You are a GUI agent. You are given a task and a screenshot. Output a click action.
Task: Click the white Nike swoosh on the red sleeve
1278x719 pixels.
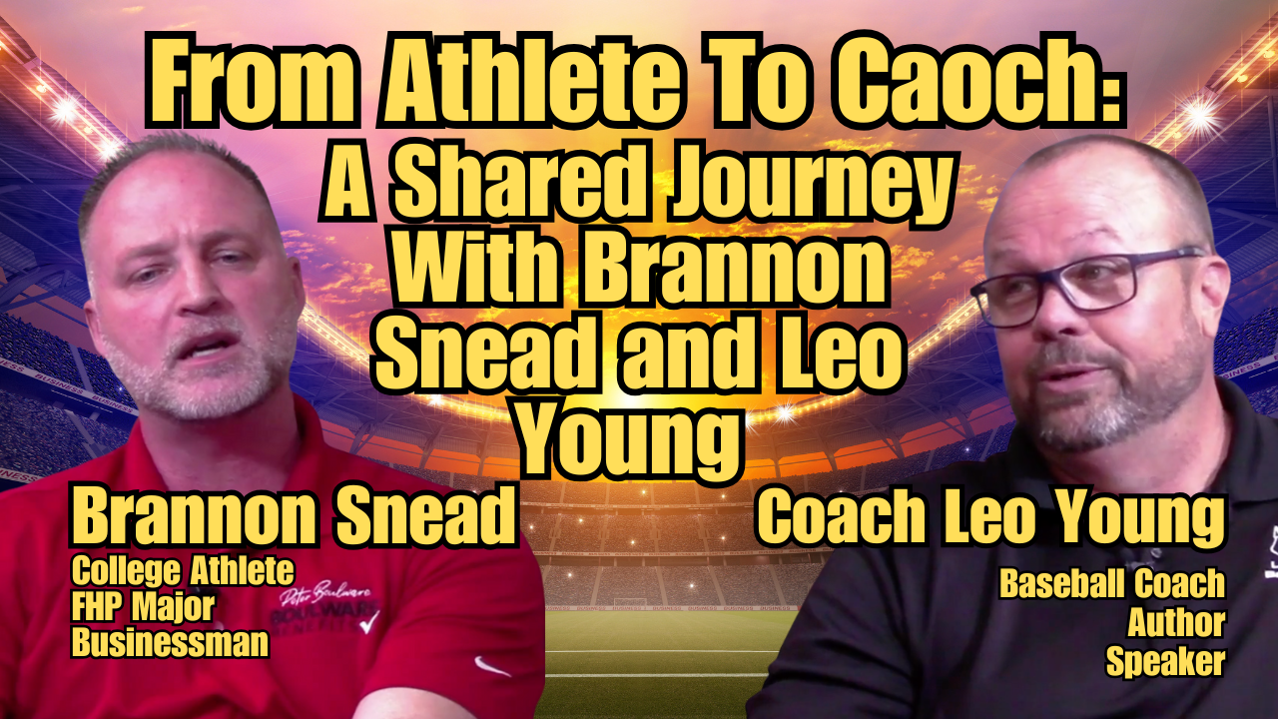492,666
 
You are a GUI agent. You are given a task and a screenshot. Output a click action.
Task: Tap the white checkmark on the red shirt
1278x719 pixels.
369,622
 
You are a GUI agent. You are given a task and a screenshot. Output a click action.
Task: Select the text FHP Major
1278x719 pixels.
143,608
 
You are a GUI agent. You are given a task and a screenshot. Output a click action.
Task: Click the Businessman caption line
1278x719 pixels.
170,642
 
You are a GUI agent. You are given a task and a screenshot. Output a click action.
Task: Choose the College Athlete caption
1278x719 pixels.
183,572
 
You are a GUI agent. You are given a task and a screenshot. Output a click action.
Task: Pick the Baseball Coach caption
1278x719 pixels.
1112,584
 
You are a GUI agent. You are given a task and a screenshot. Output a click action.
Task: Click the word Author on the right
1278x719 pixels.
1176,622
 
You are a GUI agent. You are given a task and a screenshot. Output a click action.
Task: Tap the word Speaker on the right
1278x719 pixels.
1165,661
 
